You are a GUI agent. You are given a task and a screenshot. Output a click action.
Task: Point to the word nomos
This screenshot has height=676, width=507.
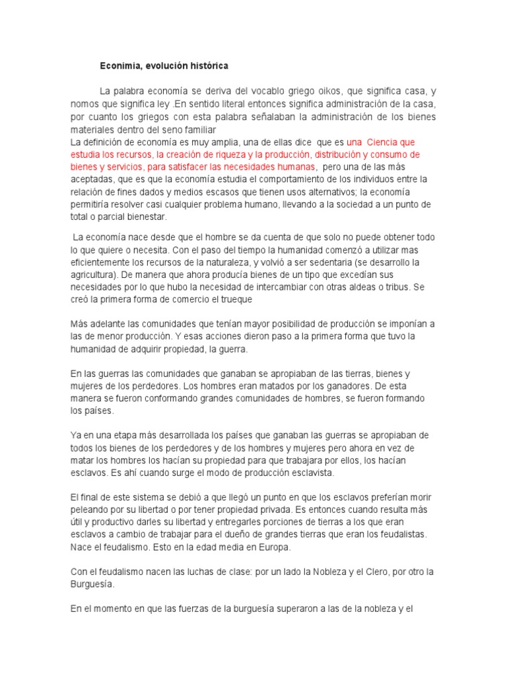[x=84, y=105]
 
